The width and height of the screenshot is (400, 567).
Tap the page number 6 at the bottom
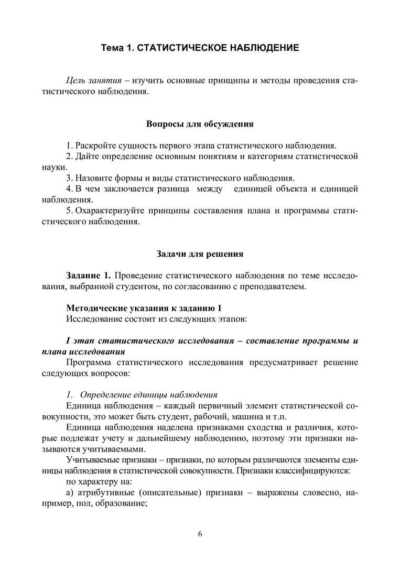(x=200, y=534)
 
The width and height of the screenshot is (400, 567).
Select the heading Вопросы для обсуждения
(x=199, y=124)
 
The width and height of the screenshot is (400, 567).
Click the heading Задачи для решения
(x=200, y=254)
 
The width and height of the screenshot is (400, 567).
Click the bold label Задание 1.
(x=89, y=275)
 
